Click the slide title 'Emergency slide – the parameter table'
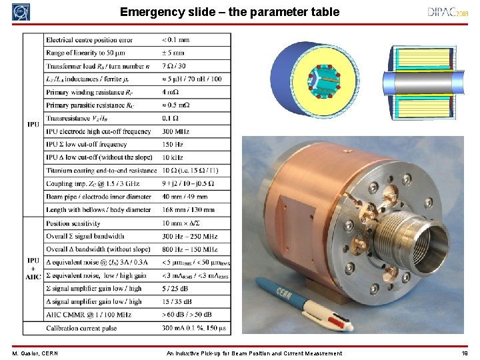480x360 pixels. pyautogui.click(x=229, y=12)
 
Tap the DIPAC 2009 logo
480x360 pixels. pyautogui.click(x=449, y=12)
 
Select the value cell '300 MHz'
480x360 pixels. pyautogui.click(x=176, y=132)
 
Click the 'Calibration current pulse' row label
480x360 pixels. pyautogui.click(x=81, y=327)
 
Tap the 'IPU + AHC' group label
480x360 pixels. pyautogui.click(x=33, y=268)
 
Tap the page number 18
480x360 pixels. pyautogui.click(x=464, y=353)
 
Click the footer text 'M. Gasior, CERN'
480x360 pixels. pyautogui.click(x=35, y=353)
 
